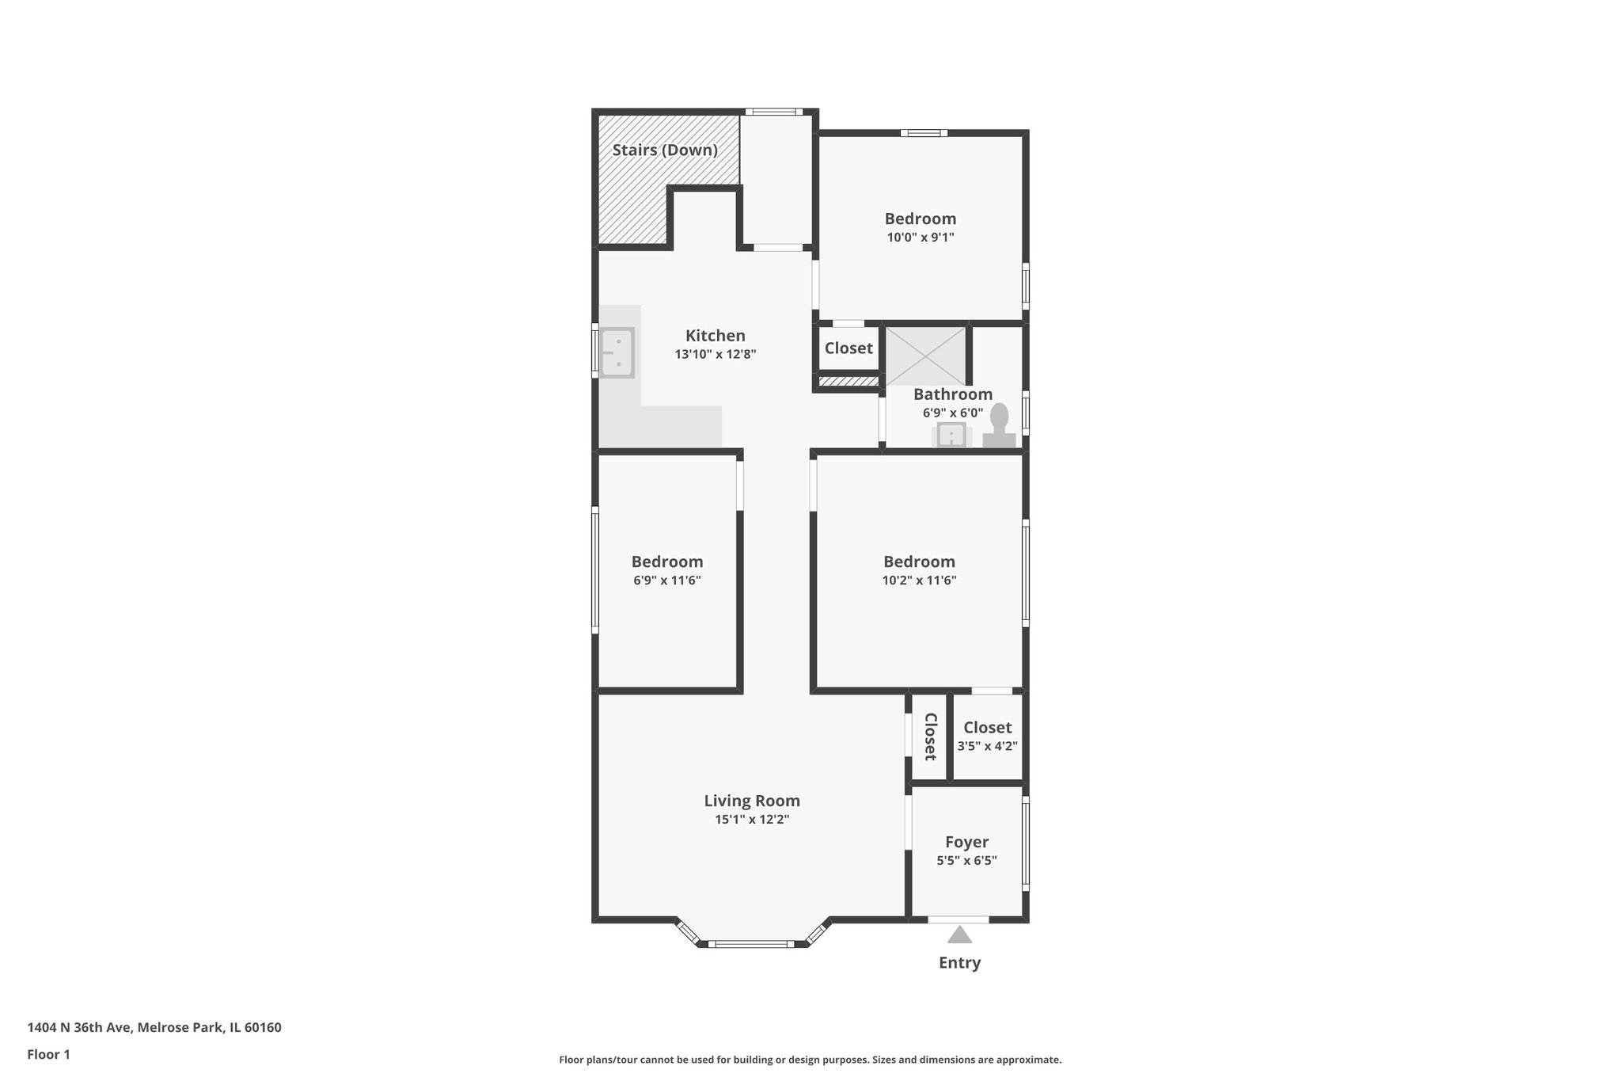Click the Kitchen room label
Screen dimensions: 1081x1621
715,336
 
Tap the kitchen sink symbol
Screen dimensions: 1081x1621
617,352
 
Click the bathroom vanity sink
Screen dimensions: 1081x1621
951,435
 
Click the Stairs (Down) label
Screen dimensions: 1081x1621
665,150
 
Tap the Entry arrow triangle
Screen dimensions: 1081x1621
959,935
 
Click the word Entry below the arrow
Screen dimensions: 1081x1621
959,962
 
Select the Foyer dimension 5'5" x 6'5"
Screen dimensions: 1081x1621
966,860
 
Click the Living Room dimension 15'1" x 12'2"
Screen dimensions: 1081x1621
752,819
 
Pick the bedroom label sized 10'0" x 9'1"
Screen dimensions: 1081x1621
920,219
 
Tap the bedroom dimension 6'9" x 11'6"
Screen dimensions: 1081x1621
666,580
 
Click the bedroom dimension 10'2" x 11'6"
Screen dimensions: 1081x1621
919,580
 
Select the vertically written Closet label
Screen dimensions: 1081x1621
930,737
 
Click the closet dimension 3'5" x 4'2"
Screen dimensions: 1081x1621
987,745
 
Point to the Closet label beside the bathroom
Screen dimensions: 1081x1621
848,348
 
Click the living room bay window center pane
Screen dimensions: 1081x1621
751,943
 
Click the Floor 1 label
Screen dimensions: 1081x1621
49,1054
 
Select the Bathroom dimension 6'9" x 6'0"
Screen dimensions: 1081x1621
953,413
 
